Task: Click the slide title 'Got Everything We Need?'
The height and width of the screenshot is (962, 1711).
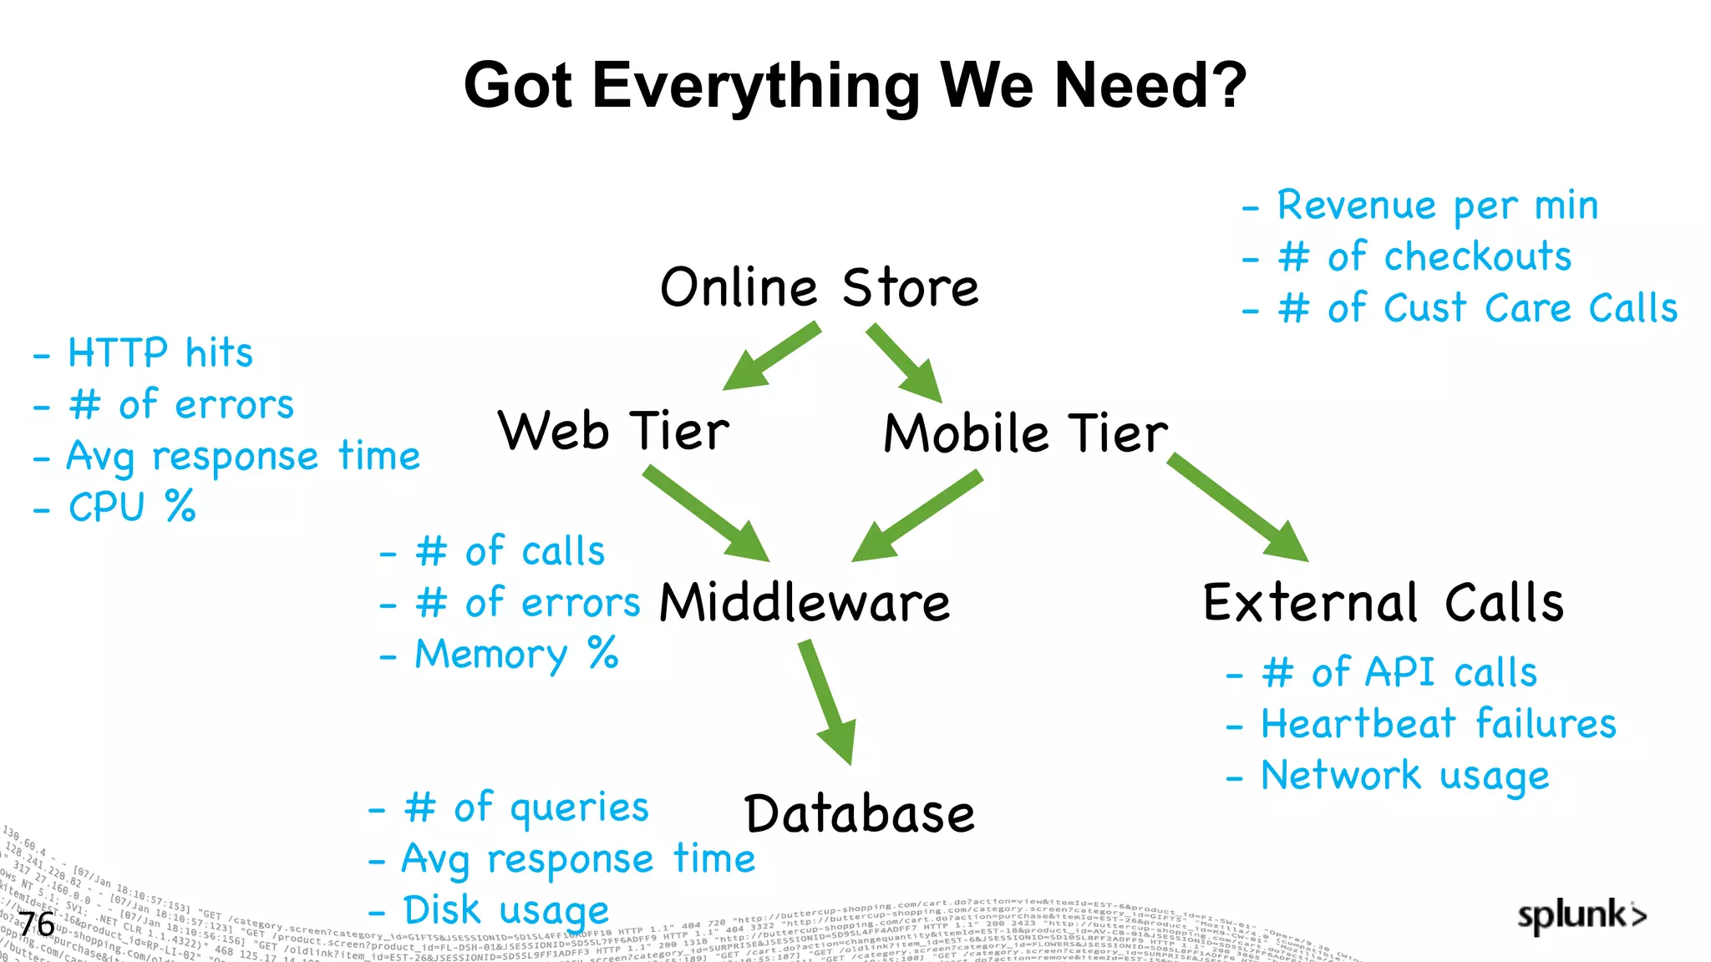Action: [855, 85]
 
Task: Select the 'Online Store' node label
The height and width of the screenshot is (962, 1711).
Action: [819, 287]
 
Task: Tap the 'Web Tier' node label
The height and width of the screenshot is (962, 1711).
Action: [613, 432]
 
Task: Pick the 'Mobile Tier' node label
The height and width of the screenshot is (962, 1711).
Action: [1025, 433]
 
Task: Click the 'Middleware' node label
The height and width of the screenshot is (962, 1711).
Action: [805, 603]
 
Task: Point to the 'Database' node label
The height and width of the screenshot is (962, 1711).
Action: [859, 814]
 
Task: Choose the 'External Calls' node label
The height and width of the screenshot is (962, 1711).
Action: [1383, 603]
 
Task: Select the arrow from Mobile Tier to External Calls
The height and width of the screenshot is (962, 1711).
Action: [1237, 507]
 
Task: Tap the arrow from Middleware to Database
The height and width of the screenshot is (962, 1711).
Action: [828, 701]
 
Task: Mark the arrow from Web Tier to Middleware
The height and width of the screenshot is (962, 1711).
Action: [705, 513]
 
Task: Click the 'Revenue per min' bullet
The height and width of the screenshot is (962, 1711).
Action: [1437, 206]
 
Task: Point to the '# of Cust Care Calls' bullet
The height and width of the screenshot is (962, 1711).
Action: [1476, 308]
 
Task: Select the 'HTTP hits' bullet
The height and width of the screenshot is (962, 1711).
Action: [160, 353]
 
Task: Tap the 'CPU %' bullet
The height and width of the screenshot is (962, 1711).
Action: [132, 507]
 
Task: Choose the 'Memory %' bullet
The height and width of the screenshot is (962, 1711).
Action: [516, 654]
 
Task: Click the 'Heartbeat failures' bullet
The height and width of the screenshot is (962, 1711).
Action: [1438, 724]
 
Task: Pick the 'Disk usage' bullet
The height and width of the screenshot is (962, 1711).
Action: [505, 911]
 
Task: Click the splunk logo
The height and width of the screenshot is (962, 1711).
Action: [1582, 915]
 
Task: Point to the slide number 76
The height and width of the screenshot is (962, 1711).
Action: [37, 925]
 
